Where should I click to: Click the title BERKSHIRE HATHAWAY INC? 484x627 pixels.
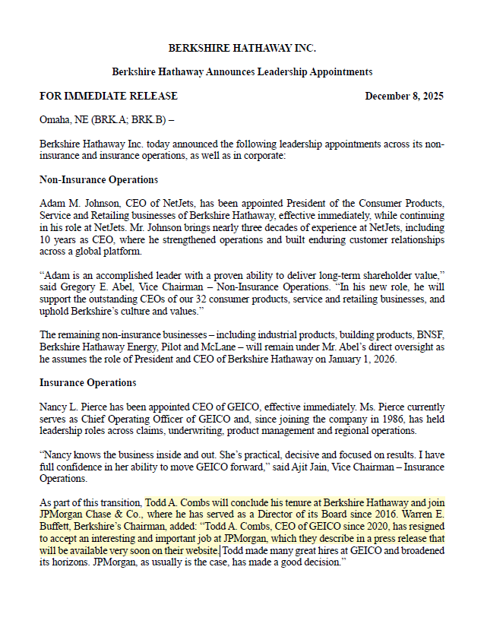pos(242,48)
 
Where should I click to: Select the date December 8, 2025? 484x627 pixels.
pos(404,97)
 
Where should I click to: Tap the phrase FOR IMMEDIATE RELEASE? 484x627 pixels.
pos(109,97)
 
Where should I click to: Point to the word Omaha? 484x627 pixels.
pos(55,120)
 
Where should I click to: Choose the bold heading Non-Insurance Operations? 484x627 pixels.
pos(99,180)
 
